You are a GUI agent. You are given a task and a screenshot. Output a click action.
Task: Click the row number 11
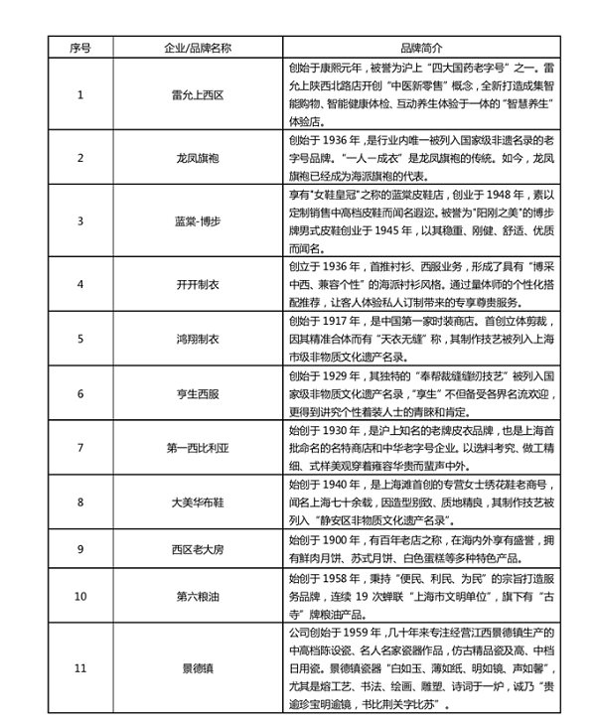coord(80,668)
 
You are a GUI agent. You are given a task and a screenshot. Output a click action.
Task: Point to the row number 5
coord(80,339)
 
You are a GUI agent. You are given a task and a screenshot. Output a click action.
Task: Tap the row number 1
coord(80,95)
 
